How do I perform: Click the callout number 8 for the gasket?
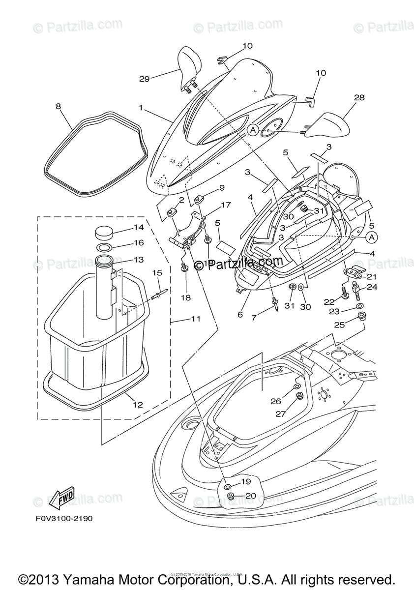click(58, 106)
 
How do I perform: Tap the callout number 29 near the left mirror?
click(144, 78)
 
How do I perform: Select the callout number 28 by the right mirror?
click(359, 98)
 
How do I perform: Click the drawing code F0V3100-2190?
click(64, 518)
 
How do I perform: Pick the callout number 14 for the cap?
click(139, 228)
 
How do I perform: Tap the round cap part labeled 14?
click(103, 232)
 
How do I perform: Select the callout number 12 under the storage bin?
click(138, 405)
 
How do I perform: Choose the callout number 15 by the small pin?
click(156, 273)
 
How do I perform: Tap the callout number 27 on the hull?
click(280, 414)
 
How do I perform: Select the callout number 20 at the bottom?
click(250, 496)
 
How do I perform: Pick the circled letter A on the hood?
click(253, 130)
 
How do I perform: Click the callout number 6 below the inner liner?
click(240, 315)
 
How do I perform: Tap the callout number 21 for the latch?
click(371, 276)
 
